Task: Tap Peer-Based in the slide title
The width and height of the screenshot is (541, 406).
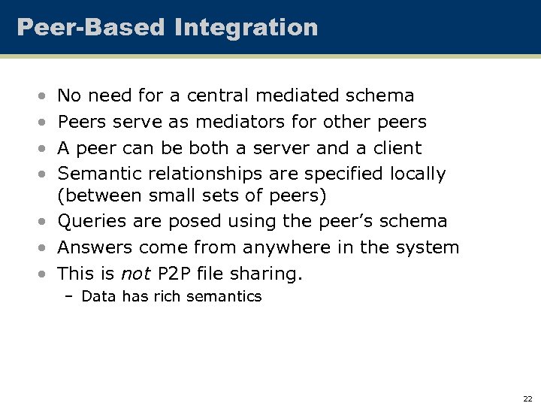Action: click(90, 28)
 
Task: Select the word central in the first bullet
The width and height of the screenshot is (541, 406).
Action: click(218, 95)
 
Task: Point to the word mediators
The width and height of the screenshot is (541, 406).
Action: click(235, 122)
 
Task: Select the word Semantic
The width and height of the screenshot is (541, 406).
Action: click(100, 174)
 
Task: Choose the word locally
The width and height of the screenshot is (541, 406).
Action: click(417, 174)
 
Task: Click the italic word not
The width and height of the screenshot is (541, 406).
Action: click(135, 274)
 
